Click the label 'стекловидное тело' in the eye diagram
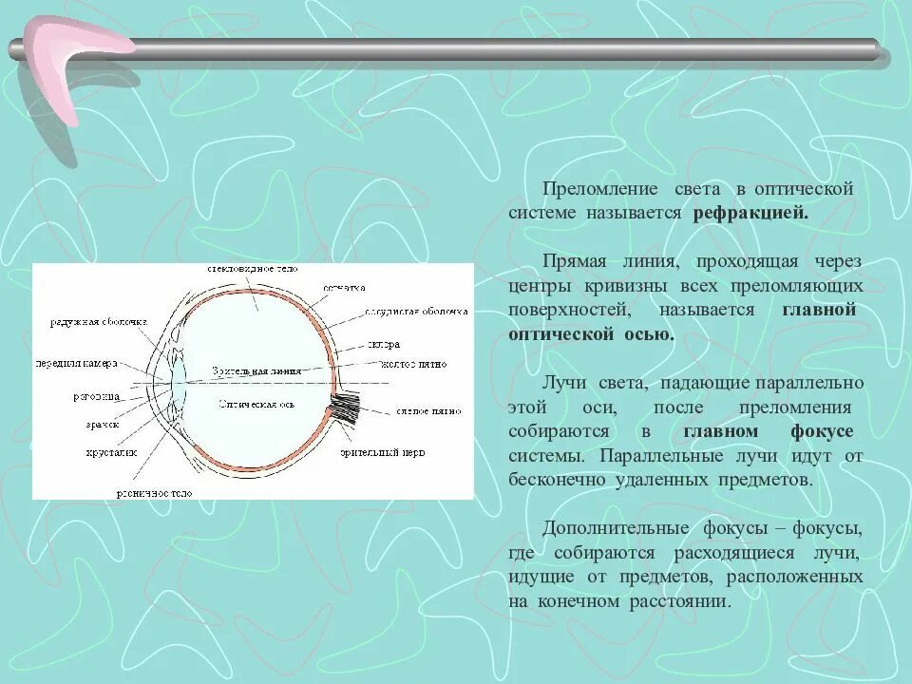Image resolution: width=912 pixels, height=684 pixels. tap(254, 270)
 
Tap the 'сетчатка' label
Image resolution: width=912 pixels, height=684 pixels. tap(344, 287)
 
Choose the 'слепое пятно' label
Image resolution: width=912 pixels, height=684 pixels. tap(427, 411)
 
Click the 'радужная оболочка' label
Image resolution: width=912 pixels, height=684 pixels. tap(99, 323)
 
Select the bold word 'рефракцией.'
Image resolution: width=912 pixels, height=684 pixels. tap(750, 213)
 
